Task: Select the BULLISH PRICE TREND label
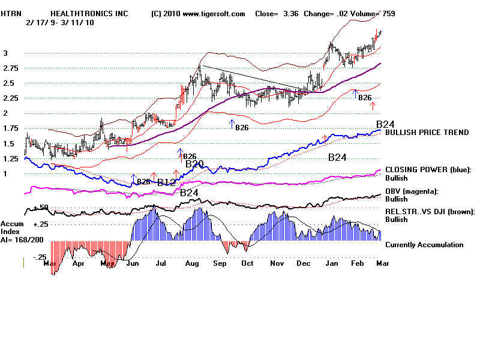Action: tap(427, 133)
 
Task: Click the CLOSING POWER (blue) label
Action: tap(428, 170)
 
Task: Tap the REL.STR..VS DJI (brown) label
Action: tap(430, 212)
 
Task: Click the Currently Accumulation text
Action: tap(424, 245)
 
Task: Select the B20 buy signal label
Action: tap(194, 164)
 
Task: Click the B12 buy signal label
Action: tap(166, 182)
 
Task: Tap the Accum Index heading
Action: tap(12, 227)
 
